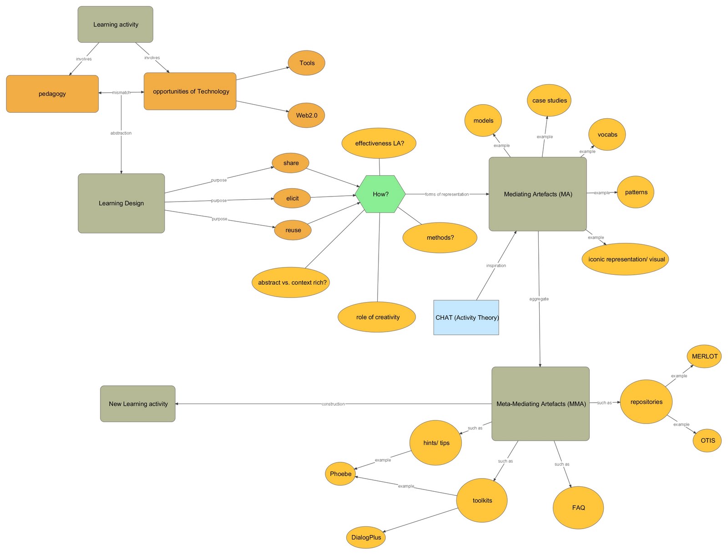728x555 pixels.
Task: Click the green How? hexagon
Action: (380, 194)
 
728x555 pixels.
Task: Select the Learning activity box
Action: (116, 25)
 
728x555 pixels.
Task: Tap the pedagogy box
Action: (52, 94)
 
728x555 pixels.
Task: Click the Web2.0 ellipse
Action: (306, 115)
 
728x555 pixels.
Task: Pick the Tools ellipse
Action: (307, 63)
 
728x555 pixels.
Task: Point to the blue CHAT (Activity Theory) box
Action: (466, 318)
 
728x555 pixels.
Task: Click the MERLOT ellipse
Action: (704, 356)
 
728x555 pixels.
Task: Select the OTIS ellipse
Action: (708, 440)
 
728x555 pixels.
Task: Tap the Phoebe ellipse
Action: (340, 474)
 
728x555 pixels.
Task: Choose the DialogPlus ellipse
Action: (366, 537)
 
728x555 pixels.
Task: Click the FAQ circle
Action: (578, 508)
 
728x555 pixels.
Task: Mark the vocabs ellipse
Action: (607, 135)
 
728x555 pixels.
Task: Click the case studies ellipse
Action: (549, 100)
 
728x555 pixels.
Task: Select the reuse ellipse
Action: (293, 230)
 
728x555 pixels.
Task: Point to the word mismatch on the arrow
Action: (121, 93)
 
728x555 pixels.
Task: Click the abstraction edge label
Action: (121, 133)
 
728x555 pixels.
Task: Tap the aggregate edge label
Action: (539, 299)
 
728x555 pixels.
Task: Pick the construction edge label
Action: (333, 404)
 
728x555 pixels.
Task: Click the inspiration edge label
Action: (496, 266)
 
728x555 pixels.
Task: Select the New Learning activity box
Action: (138, 404)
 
